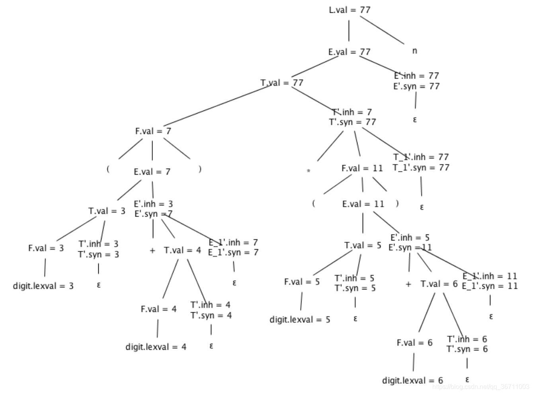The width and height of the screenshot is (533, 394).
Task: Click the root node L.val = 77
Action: tap(349, 10)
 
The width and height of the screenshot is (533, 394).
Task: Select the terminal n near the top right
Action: tap(414, 51)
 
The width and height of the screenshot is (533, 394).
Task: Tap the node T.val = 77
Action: tap(282, 83)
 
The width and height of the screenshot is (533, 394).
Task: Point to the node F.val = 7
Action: tap(153, 131)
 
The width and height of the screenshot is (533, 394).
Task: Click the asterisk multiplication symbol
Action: tap(308, 171)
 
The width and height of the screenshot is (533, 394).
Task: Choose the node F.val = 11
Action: tap(362, 168)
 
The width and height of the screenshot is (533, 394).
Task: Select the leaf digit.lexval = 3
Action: tap(43, 286)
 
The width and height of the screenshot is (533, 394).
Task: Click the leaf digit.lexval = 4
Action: tap(156, 347)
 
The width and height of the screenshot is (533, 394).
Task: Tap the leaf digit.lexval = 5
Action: tap(300, 320)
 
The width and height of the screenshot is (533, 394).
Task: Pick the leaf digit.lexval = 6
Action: tap(412, 380)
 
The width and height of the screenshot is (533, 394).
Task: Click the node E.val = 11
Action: tap(363, 204)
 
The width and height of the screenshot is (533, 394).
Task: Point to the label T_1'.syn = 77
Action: tap(421, 168)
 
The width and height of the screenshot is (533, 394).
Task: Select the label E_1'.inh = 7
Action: tap(233, 242)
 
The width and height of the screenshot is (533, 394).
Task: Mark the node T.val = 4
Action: tap(182, 250)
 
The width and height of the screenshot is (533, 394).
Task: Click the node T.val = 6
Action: tap(439, 284)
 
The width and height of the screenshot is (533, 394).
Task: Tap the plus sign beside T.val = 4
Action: tap(152, 251)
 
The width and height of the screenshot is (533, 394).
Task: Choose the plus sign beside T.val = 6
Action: tap(408, 284)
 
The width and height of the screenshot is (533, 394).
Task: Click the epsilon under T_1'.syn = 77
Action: tap(422, 207)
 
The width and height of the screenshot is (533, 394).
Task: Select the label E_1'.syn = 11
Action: tap(490, 286)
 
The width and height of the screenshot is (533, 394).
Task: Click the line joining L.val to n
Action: tap(382, 30)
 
